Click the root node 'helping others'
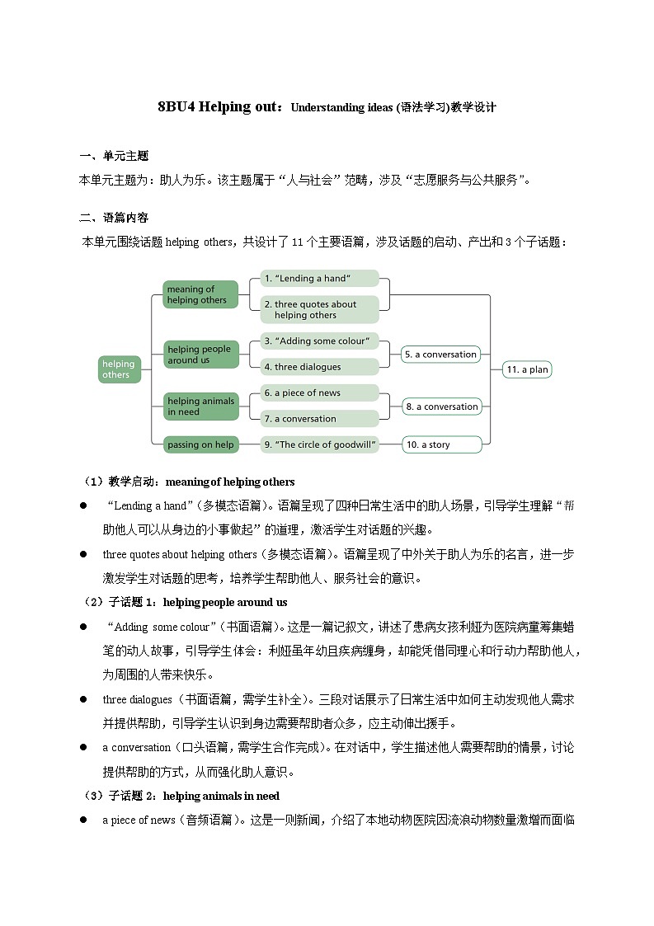119,369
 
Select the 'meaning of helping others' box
200,294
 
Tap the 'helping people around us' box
200,355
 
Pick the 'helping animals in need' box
200,407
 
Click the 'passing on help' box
200,444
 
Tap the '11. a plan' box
527,369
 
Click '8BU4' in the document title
175,107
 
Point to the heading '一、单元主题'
114,157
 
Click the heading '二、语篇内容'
114,219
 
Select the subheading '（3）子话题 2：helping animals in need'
181,796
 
